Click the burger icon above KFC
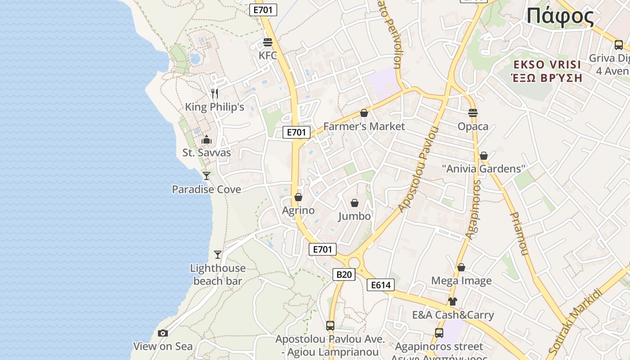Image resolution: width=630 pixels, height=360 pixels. [x=268, y=42]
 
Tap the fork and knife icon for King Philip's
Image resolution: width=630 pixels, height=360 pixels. [x=215, y=94]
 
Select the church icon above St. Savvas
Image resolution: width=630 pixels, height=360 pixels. [x=207, y=139]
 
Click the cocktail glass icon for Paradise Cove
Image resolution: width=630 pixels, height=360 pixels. [x=207, y=176]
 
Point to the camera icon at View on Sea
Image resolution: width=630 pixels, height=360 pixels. [x=163, y=333]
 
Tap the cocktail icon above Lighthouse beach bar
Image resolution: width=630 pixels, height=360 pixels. [x=218, y=255]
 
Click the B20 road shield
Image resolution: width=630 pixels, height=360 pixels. [x=344, y=274]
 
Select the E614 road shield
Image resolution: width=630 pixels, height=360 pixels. [x=381, y=285]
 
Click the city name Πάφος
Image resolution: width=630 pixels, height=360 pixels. [x=560, y=17]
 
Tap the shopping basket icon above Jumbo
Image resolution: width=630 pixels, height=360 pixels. [x=355, y=203]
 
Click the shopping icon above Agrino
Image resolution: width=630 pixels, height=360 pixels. [x=298, y=197]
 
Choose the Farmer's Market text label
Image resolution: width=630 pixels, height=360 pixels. [x=364, y=126]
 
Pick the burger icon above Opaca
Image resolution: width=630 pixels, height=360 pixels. [x=472, y=112]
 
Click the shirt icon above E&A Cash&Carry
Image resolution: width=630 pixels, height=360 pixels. [x=453, y=301]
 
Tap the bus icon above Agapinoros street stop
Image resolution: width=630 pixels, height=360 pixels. [x=439, y=333]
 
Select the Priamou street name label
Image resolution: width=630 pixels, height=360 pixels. [x=518, y=234]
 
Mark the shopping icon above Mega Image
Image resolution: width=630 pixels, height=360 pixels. [x=461, y=267]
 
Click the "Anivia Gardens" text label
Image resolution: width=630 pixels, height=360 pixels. [x=484, y=169]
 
